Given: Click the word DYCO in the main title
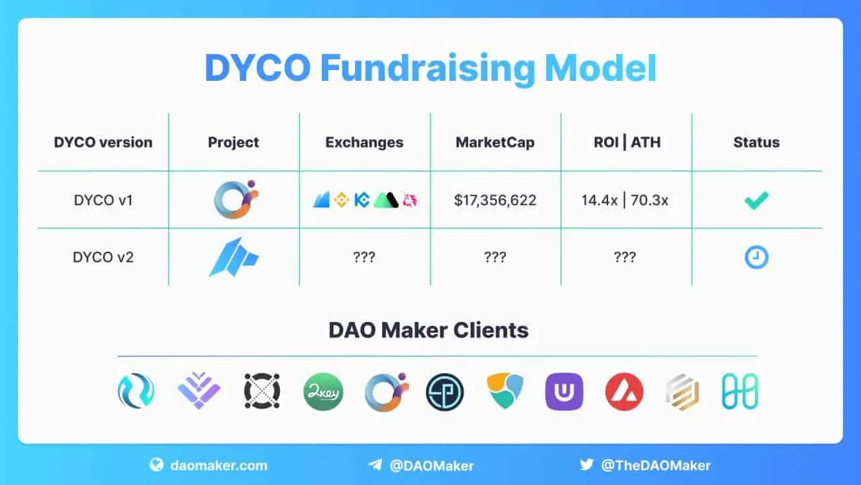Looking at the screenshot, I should point(257,67).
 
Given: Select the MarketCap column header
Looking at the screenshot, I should point(495,142).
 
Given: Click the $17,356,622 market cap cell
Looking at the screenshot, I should point(495,200).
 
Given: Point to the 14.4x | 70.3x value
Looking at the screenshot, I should point(625,200).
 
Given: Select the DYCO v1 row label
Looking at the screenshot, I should point(103,200).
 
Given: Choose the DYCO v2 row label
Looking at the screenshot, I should point(103,257).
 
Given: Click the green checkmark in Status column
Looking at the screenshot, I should point(756,200).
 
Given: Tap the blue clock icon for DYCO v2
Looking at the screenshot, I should point(756,257).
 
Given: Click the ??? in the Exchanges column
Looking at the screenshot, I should point(364,257).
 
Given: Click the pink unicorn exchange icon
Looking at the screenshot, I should point(410,200).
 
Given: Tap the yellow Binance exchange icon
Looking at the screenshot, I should point(342,200).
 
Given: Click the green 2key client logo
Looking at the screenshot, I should point(323,392).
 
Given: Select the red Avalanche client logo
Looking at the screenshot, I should point(624,392).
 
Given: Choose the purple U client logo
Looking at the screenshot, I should point(564,392).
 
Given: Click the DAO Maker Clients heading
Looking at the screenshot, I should point(428,331).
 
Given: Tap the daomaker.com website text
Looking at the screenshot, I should point(217,465).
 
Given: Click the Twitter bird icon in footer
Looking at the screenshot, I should point(587,465).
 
